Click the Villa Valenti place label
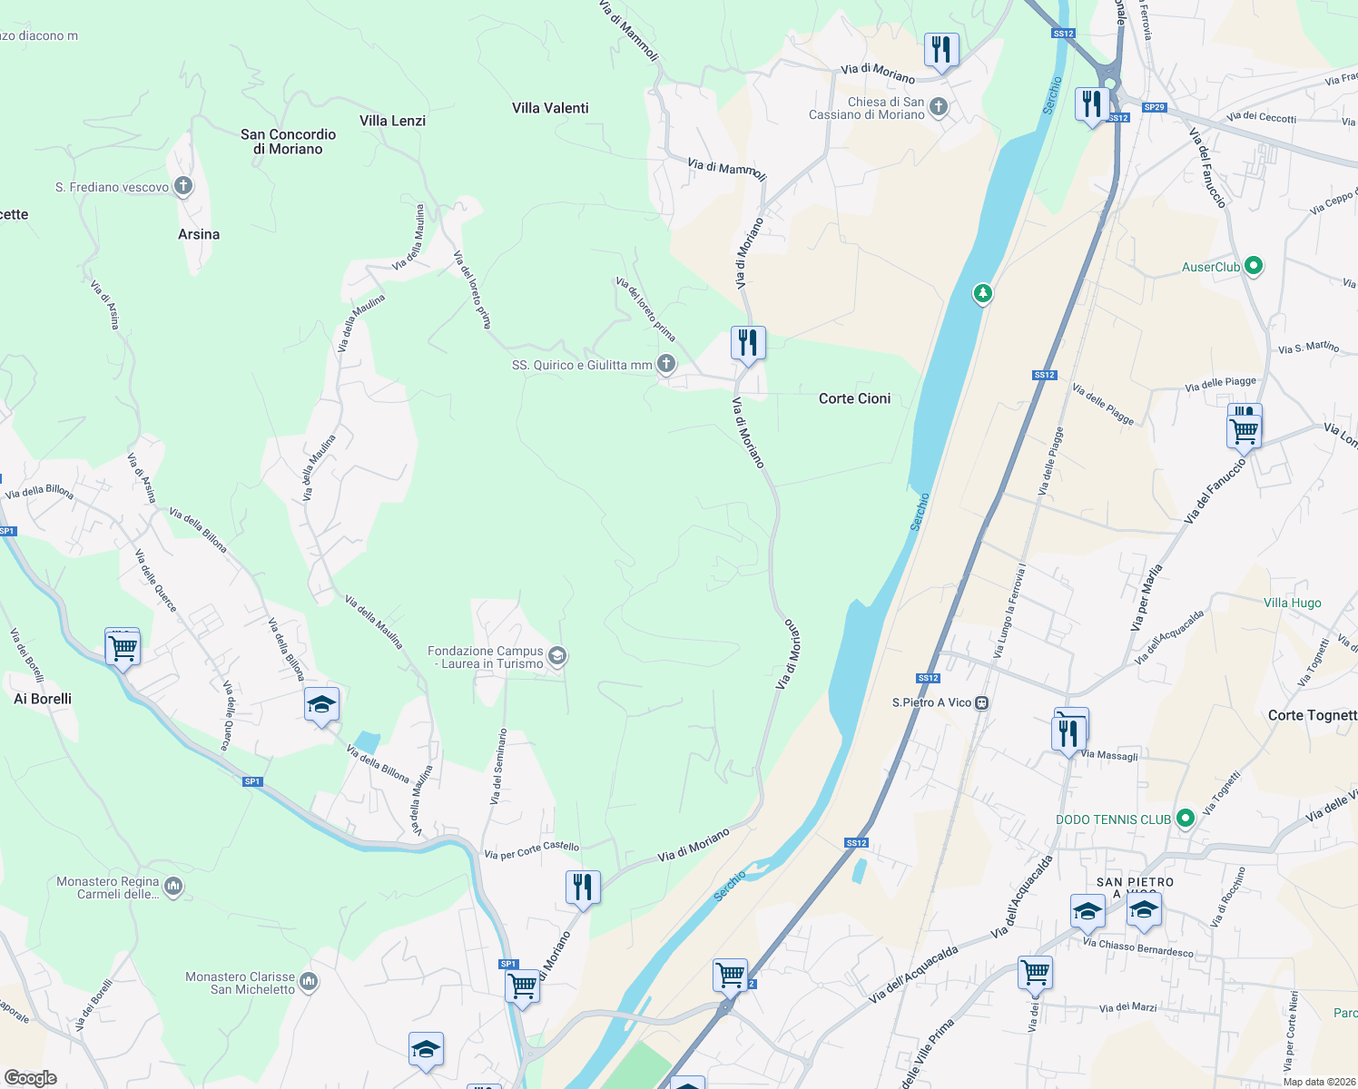[550, 108]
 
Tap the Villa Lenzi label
[392, 121]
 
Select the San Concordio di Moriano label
[288, 142]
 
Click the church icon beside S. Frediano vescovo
[183, 187]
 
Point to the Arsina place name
[199, 234]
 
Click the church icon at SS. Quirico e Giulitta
[666, 365]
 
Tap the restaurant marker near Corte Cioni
[748, 344]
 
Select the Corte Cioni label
[854, 398]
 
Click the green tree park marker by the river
[982, 293]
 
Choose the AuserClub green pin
[1254, 266]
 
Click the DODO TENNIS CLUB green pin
[1185, 819]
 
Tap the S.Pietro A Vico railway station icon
[981, 702]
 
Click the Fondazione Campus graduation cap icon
[557, 656]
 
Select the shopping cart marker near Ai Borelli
[123, 649]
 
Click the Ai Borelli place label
[43, 699]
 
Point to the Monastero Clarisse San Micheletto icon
[309, 981]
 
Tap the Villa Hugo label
[1292, 603]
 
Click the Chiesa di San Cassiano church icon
[939, 107]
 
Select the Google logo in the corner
[30, 1077]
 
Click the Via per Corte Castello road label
[531, 849]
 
